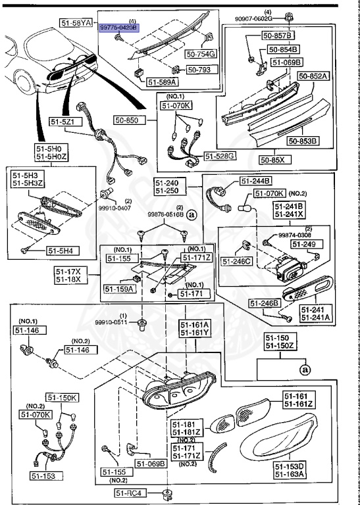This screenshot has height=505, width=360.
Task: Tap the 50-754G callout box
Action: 202,54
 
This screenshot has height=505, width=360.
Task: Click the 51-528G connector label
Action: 220,156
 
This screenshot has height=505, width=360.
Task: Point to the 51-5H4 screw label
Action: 62,251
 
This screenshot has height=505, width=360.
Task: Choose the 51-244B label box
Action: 256,181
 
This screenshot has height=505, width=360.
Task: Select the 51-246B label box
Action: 265,303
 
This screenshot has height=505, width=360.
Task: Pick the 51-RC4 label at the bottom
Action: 130,493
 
